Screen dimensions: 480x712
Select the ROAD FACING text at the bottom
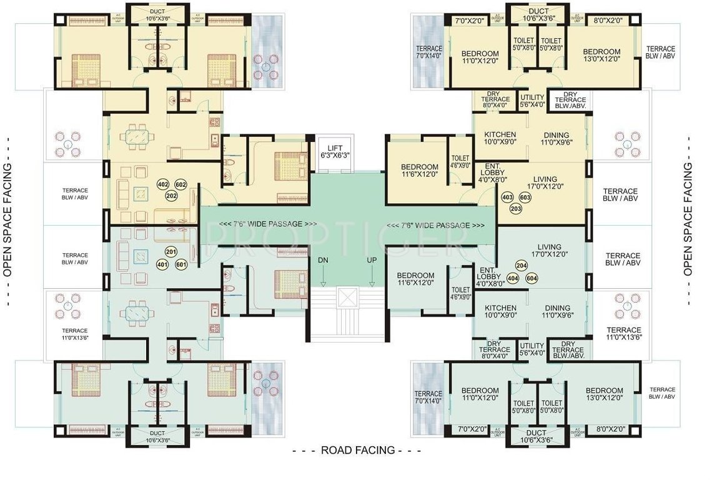click(357, 450)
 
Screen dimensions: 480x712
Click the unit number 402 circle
click(163, 184)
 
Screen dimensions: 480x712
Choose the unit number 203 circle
click(516, 208)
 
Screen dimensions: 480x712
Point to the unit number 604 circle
click(532, 277)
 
